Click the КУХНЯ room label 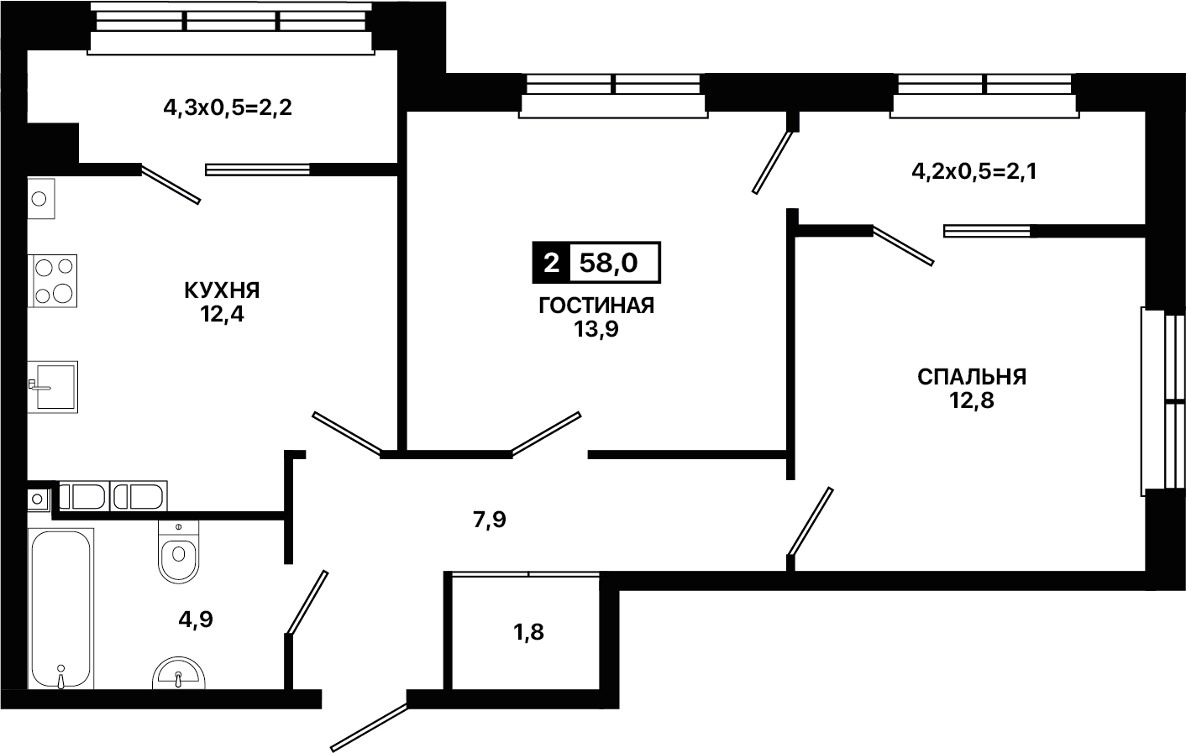222,290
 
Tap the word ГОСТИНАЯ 596,306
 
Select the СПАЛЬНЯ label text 972,377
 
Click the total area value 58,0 608,263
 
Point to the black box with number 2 551,263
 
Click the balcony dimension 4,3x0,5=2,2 228,108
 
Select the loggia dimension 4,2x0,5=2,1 974,171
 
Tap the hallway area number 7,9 490,520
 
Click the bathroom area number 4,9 196,620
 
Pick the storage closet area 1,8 529,632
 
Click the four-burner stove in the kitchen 52,281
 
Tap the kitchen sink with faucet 52,387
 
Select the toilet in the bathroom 178,552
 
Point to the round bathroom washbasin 178,672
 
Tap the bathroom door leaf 307,602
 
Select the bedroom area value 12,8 972,400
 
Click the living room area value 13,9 596,329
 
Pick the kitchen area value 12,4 222,314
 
